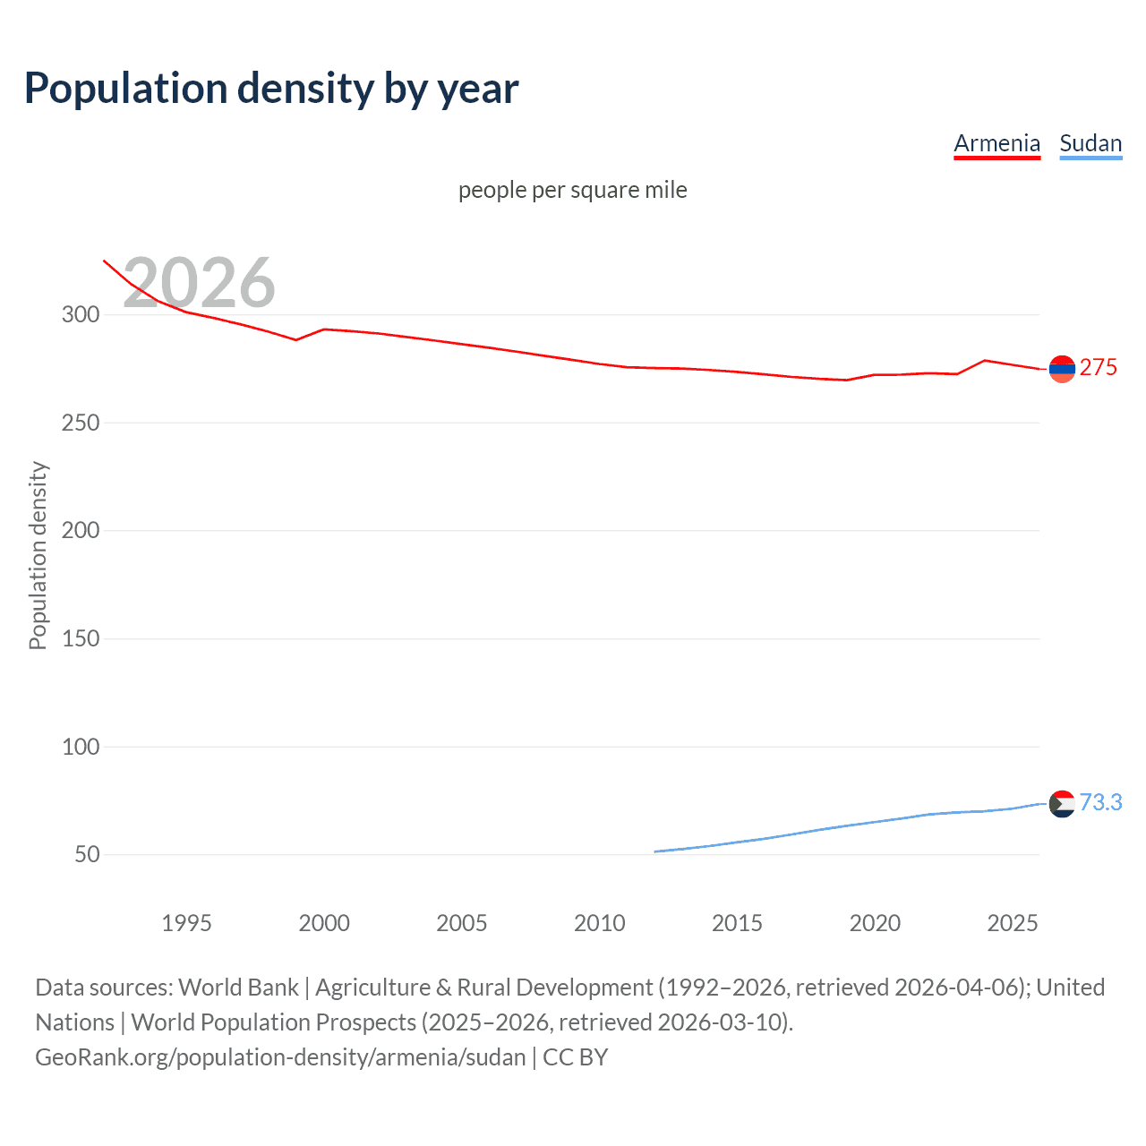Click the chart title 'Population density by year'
click(x=271, y=89)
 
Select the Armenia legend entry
click(x=996, y=143)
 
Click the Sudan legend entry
click(x=1090, y=143)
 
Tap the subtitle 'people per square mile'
click(x=572, y=190)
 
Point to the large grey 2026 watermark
click(x=199, y=283)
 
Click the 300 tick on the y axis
click(x=80, y=314)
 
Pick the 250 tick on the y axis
click(x=80, y=423)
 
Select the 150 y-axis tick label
click(x=80, y=638)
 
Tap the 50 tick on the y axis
click(x=87, y=854)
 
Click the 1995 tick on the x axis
click(x=186, y=923)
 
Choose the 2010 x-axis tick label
click(x=599, y=923)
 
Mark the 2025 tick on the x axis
click(x=1012, y=923)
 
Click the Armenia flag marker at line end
click(x=1062, y=369)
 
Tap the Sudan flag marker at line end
click(x=1062, y=804)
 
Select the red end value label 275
click(x=1099, y=368)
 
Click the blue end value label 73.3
click(x=1100, y=802)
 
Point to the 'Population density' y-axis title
click(x=38, y=555)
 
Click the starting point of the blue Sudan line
click(x=655, y=851)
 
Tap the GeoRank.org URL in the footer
click(x=280, y=1057)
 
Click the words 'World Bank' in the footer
click(x=238, y=988)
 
